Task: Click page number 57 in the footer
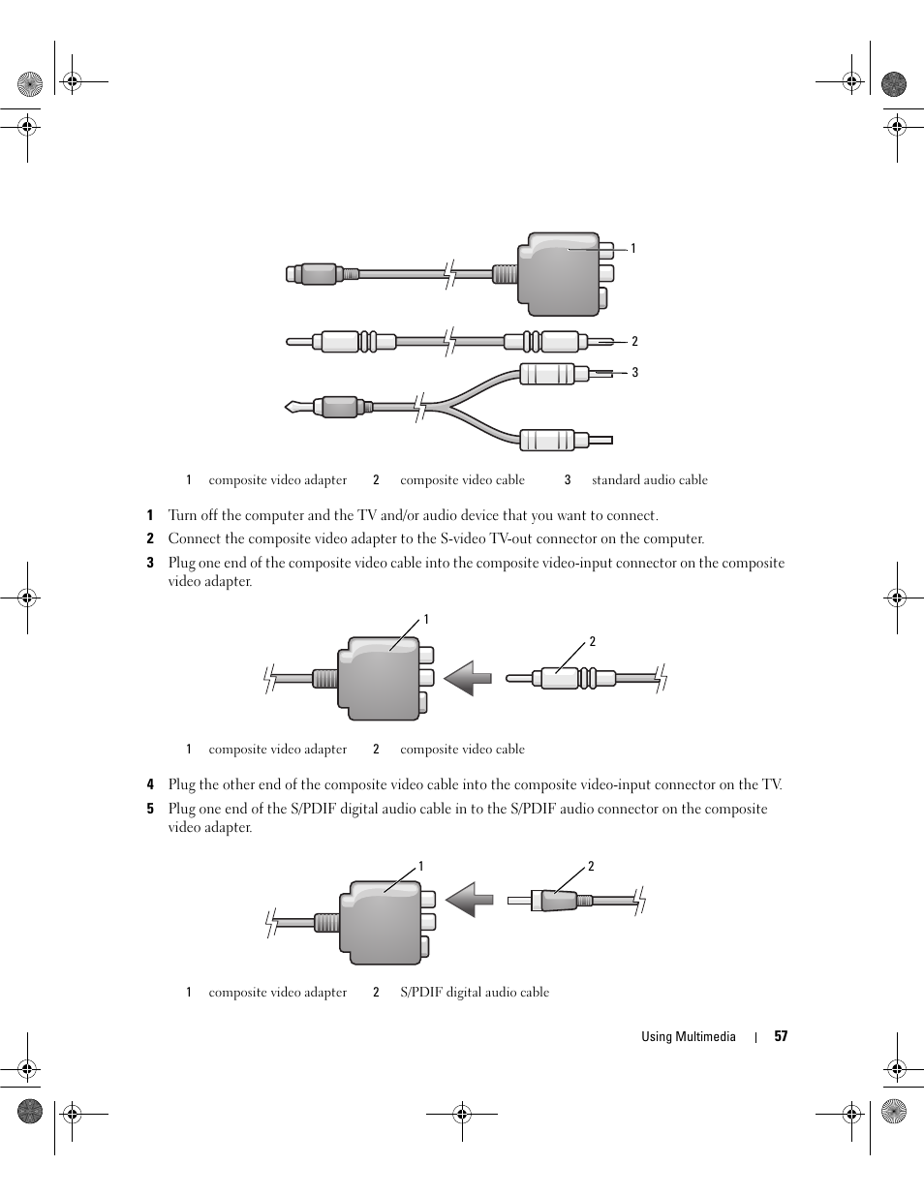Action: click(x=781, y=1036)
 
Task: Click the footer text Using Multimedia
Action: click(x=688, y=1036)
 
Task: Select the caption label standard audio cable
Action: click(x=649, y=479)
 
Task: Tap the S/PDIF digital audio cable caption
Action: click(x=474, y=992)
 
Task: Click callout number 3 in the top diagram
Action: click(x=634, y=372)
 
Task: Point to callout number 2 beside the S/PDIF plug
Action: click(x=591, y=867)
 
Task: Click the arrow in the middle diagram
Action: click(x=469, y=678)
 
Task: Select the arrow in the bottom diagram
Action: click(x=470, y=899)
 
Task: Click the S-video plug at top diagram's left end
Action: click(x=312, y=274)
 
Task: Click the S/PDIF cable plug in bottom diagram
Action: click(x=557, y=901)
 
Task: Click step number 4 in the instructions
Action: click(x=150, y=785)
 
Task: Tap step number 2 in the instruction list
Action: click(x=150, y=539)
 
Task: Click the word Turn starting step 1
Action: click(x=184, y=515)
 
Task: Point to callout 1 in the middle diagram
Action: click(x=425, y=620)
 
